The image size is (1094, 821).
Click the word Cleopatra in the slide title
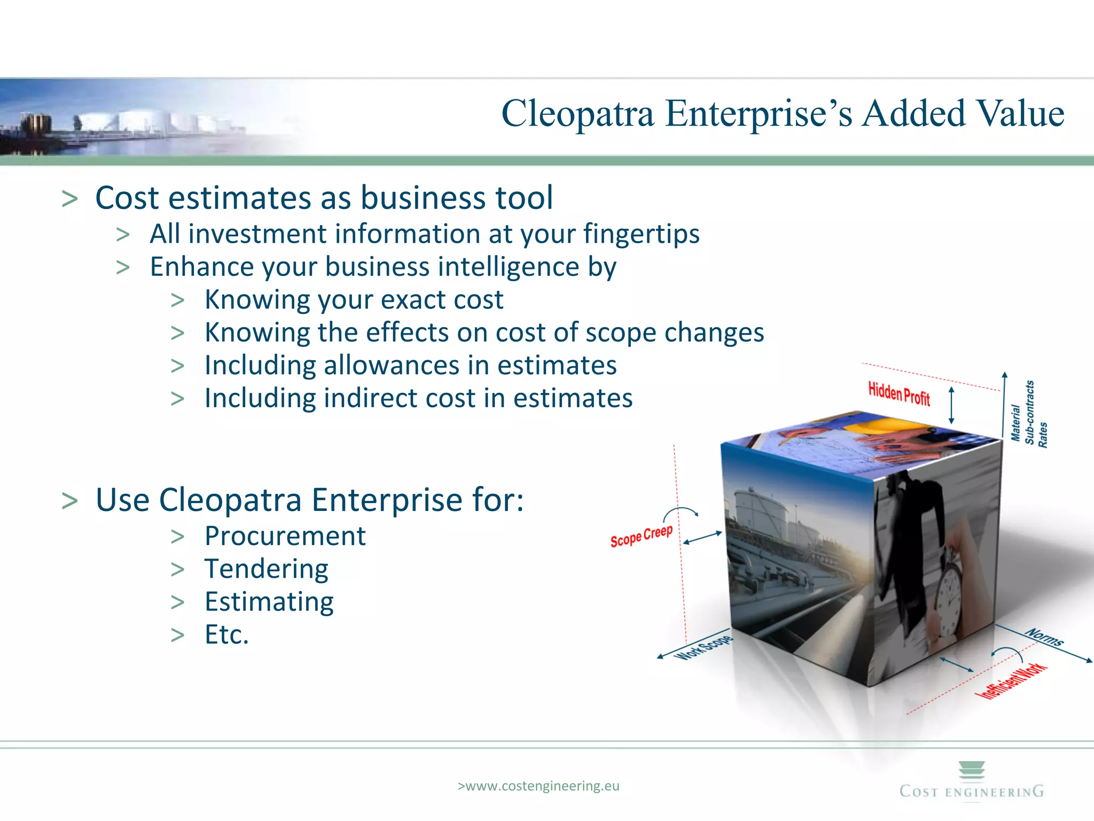coord(577,114)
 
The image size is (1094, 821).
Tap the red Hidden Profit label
coord(898,394)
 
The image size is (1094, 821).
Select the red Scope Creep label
coord(641,536)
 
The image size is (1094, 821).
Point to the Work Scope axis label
coord(703,647)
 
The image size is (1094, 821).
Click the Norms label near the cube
coord(1044,637)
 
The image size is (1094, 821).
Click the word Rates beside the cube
coord(1043,435)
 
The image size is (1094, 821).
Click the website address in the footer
coord(538,786)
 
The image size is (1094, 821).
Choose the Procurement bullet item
coord(285,536)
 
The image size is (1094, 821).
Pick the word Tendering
coord(266,569)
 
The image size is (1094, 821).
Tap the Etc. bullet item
coord(226,634)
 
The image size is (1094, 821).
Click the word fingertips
coord(641,234)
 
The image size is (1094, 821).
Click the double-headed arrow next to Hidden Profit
coord(951,405)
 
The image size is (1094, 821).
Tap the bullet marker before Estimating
coord(177,602)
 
